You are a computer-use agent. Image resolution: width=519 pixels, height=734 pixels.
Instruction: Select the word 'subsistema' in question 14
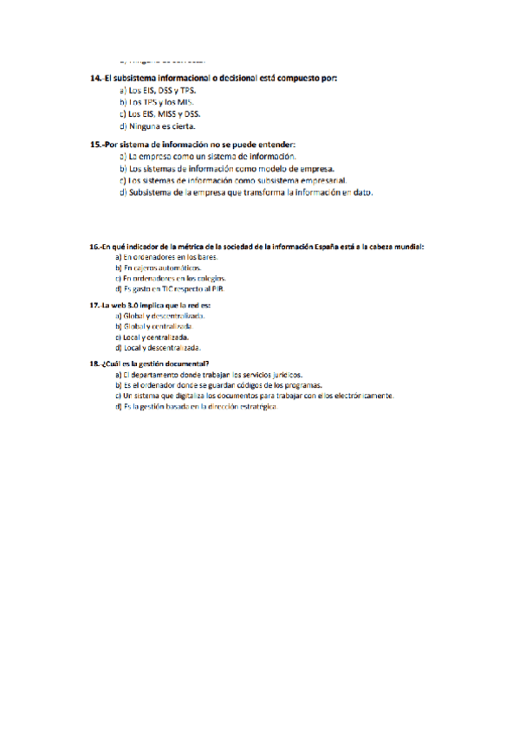(x=138, y=79)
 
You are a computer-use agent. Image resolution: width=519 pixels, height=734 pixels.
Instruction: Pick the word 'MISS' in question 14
(x=168, y=113)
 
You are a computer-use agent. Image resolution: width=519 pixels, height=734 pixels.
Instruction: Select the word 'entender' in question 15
(x=276, y=145)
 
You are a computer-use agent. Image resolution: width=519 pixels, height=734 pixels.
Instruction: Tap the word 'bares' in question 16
(x=206, y=257)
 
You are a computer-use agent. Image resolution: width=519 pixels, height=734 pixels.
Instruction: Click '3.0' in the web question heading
(x=133, y=306)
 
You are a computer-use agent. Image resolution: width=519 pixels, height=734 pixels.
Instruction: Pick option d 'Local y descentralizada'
(x=157, y=347)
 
